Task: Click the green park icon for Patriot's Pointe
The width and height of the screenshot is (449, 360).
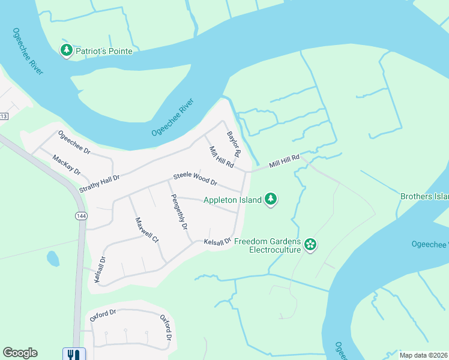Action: tap(67, 51)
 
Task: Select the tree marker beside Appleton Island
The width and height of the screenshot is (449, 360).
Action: tap(271, 199)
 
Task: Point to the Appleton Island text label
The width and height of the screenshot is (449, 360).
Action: tap(232, 200)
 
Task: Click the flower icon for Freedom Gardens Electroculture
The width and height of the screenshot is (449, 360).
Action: tap(310, 244)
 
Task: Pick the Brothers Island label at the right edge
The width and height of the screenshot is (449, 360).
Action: tap(424, 196)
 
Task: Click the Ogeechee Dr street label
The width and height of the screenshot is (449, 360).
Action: tap(73, 143)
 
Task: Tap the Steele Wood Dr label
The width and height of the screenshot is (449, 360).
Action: tap(195, 179)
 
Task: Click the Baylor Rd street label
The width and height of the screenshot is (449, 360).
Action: tap(233, 145)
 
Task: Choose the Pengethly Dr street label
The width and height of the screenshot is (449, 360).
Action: tap(179, 212)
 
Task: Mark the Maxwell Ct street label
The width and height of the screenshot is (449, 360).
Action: tap(146, 230)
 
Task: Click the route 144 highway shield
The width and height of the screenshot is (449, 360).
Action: tap(80, 215)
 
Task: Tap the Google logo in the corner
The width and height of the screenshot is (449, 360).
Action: tap(20, 353)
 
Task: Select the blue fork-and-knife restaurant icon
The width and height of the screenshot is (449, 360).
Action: tap(72, 354)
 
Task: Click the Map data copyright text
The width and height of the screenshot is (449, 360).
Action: tap(424, 355)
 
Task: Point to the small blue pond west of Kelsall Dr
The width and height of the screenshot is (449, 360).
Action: tap(53, 259)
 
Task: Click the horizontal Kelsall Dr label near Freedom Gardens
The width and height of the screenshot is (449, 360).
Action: tap(217, 242)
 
